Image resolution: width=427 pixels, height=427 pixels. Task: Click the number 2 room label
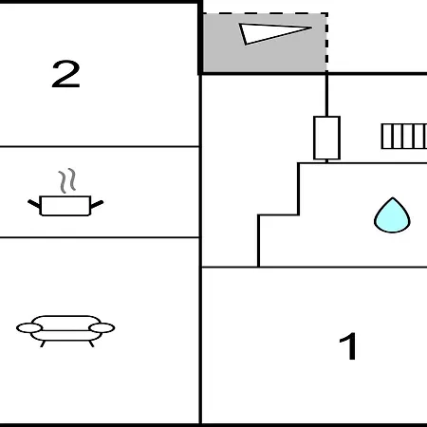(65, 74)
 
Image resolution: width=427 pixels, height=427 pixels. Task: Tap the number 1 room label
(348, 346)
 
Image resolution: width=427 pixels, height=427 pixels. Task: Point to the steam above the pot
(67, 180)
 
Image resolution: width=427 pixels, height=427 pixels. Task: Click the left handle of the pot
(34, 204)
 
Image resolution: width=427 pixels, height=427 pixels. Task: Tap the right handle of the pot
(97, 204)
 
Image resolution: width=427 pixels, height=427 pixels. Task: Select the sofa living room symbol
(65, 331)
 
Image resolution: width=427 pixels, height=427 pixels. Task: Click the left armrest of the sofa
(29, 328)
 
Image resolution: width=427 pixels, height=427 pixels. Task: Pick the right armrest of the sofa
(102, 328)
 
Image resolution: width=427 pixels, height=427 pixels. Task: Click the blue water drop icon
(392, 215)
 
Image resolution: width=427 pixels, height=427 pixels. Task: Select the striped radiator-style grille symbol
(404, 137)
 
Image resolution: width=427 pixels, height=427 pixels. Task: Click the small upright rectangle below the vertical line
(326, 138)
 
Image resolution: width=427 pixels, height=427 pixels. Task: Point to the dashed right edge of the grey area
(326, 43)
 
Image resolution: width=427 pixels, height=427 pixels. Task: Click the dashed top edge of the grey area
(265, 13)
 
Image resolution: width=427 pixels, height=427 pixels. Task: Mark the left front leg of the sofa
(43, 343)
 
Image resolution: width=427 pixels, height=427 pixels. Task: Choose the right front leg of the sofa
(91, 343)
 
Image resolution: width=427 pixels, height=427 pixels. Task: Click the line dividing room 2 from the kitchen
(100, 146)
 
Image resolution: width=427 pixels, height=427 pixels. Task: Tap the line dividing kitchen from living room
(100, 237)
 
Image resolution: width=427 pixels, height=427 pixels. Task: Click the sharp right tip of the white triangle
(312, 28)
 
